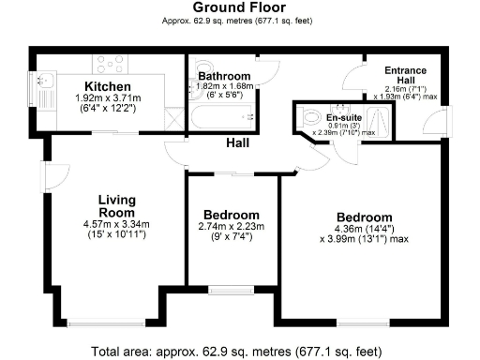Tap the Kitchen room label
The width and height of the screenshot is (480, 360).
coord(108,87)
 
